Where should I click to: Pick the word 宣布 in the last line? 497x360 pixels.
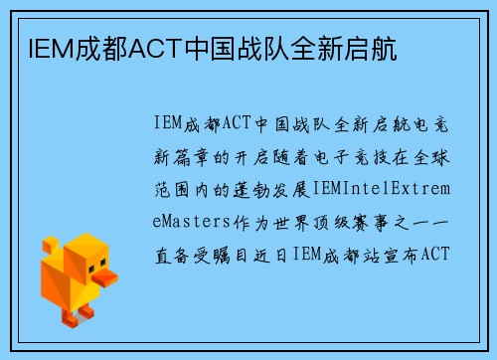(x=400, y=254)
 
